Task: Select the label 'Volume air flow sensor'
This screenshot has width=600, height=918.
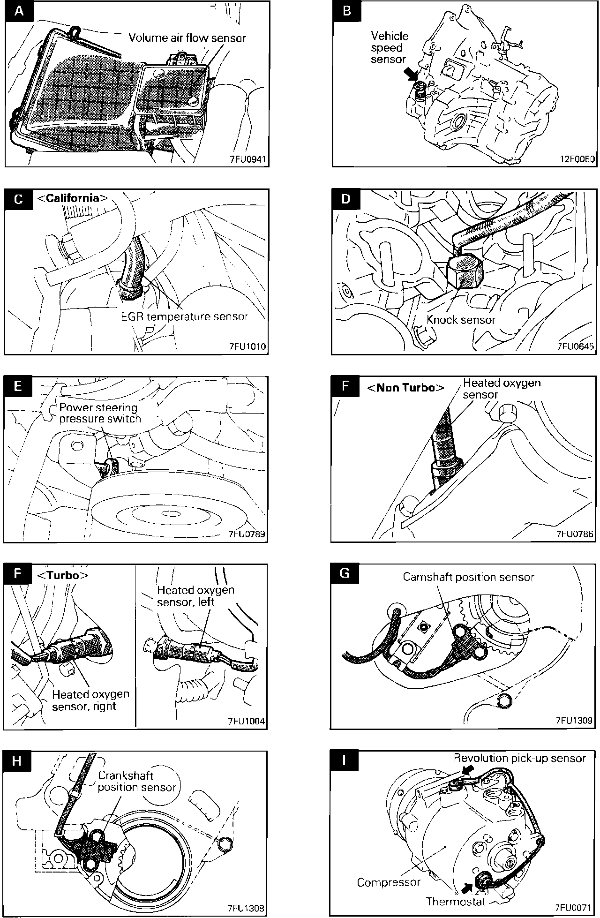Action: tap(187, 38)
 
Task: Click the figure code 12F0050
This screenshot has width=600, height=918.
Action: tap(577, 159)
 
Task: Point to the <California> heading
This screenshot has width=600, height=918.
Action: tap(72, 198)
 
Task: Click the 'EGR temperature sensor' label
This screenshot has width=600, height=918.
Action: tap(184, 316)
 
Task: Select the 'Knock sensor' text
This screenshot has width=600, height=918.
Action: tap(461, 320)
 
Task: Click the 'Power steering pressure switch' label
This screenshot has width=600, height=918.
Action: tap(100, 413)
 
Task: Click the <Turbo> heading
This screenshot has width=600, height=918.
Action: tap(62, 575)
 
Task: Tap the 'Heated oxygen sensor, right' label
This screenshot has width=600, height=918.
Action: tap(90, 700)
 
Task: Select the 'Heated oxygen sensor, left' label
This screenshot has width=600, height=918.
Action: tap(195, 595)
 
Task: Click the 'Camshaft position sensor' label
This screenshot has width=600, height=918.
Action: tap(468, 577)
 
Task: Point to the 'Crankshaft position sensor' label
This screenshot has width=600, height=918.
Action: tap(136, 782)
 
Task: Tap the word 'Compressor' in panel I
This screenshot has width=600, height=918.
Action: tap(389, 882)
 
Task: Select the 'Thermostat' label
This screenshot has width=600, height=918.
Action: tap(455, 901)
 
